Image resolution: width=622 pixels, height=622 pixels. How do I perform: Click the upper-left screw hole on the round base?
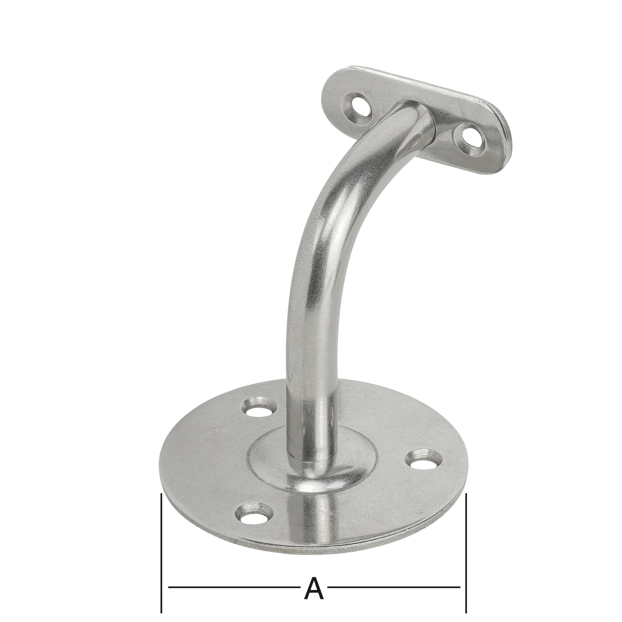(x=258, y=408)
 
